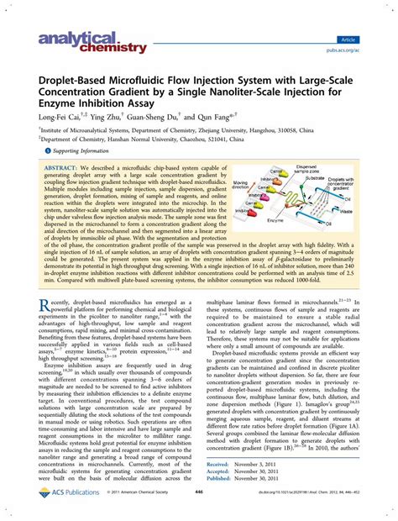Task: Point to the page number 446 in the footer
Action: point(199,508)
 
